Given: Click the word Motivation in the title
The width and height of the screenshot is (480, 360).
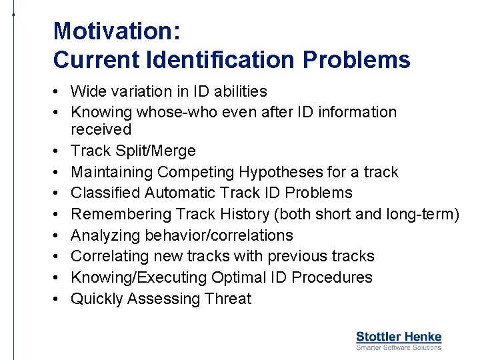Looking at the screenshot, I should click(115, 31).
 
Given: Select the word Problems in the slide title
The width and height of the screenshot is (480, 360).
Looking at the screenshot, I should click(356, 60).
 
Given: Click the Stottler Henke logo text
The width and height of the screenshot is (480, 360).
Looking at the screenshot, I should click(399, 337).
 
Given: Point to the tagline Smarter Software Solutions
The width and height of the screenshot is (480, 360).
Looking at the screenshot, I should click(399, 347).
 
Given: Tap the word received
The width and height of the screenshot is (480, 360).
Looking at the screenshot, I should click(101, 129).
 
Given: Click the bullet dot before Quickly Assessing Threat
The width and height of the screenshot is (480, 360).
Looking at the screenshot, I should click(59, 299).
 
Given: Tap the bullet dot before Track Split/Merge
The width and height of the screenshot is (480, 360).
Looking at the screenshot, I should click(59, 151).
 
